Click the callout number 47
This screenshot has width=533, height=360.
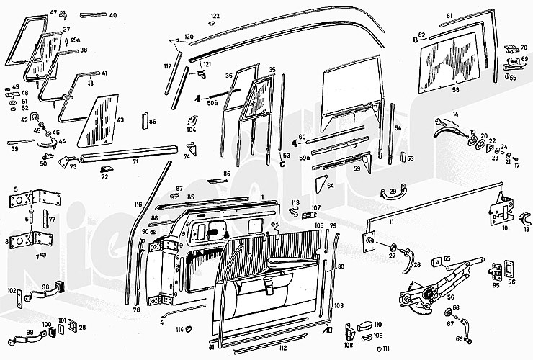pos(53,13)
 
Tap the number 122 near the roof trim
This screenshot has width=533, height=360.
pos(215,15)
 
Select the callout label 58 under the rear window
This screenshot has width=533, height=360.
pos(455,91)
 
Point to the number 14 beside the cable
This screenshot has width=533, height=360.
pos(455,114)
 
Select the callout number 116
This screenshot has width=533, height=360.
pos(138,205)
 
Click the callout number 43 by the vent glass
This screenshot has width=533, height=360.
pos(120,120)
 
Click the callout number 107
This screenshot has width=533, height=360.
pos(315,210)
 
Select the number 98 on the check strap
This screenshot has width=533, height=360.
pos(45,287)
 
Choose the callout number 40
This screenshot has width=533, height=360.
pos(113,14)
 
